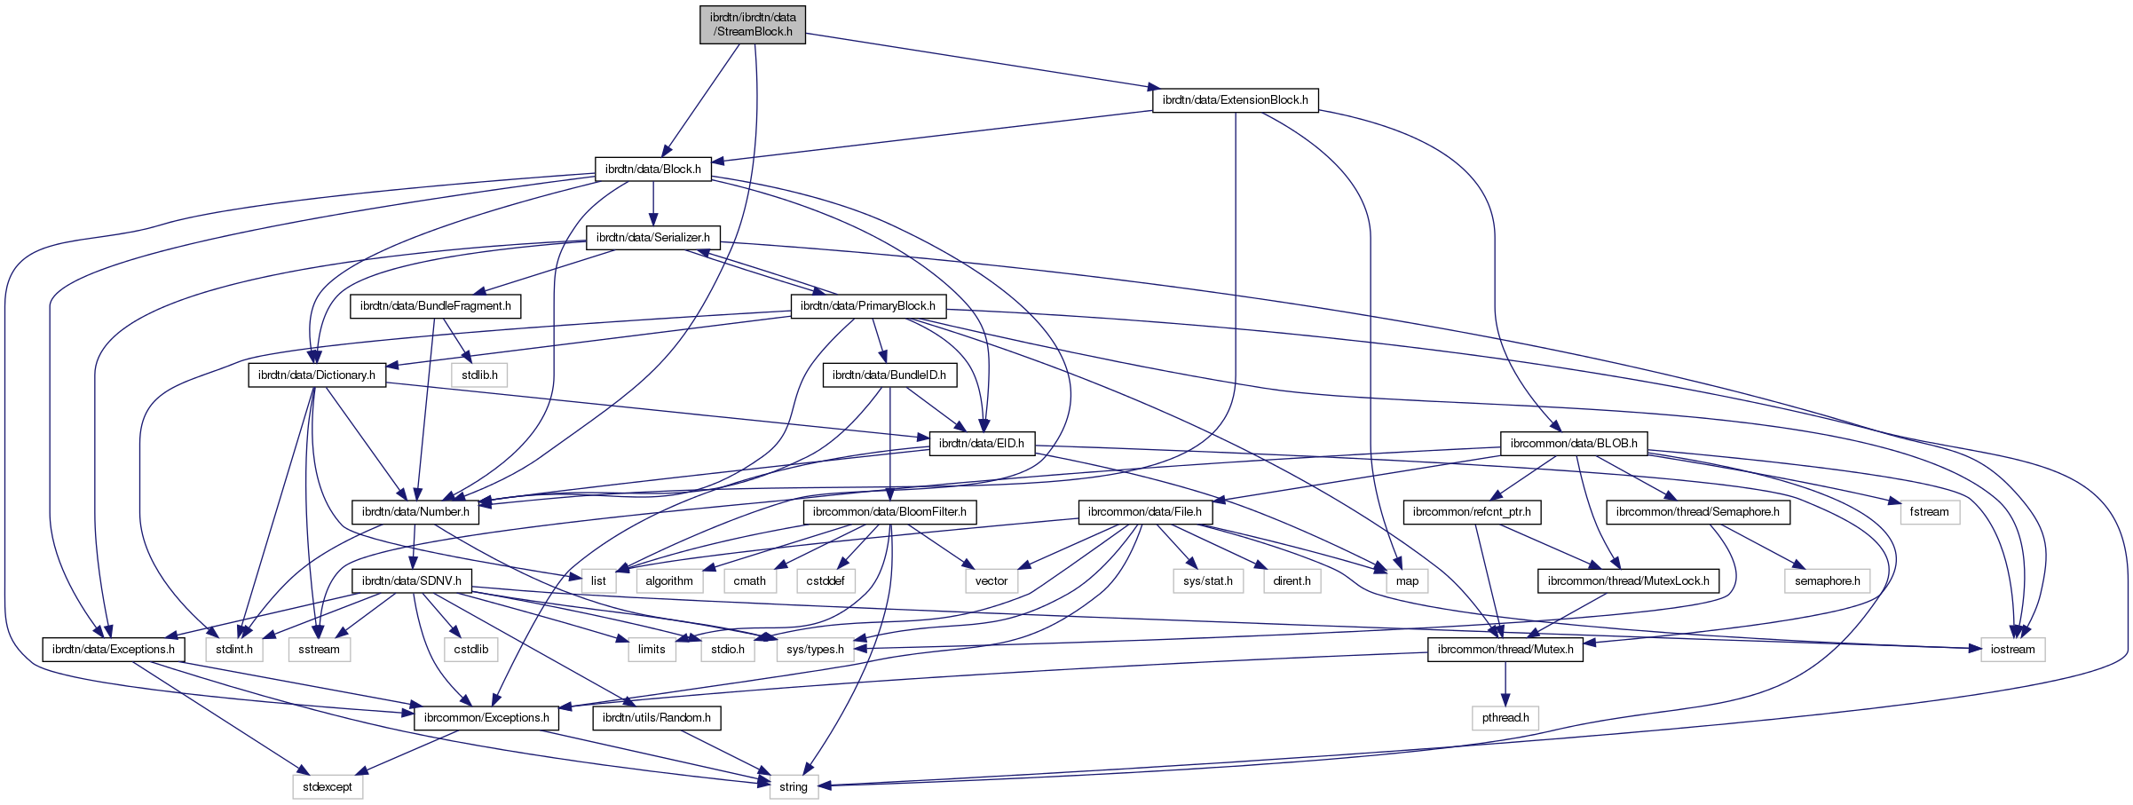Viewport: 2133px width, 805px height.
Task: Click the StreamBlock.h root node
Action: click(753, 24)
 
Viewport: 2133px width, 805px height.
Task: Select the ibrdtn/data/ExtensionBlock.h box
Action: click(1235, 100)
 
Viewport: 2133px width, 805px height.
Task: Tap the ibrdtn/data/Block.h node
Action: click(652, 169)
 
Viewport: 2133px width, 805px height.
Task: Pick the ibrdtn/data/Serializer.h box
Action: click(652, 238)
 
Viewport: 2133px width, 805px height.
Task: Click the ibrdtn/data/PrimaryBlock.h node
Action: click(867, 306)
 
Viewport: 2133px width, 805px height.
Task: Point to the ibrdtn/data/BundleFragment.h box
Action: click(435, 306)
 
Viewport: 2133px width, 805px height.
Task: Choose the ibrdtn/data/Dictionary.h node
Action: click(316, 375)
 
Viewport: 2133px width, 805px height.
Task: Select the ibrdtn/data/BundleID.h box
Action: click(889, 375)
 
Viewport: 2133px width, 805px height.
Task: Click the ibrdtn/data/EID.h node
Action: click(981, 444)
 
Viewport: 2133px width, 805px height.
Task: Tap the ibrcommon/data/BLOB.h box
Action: click(1574, 444)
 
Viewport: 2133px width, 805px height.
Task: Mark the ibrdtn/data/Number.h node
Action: click(415, 512)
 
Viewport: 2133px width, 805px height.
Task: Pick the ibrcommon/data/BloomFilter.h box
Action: click(889, 512)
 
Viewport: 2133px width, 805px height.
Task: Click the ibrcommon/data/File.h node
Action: click(1144, 512)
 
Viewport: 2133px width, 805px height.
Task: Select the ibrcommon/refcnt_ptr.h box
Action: click(1471, 512)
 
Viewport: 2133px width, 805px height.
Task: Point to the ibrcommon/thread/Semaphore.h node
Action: click(1697, 512)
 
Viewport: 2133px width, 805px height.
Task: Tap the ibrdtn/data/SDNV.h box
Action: click(411, 581)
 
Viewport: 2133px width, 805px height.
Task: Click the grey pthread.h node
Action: click(1505, 717)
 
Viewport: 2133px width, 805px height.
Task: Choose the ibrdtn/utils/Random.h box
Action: click(656, 717)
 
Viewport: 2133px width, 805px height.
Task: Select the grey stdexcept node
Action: click(327, 786)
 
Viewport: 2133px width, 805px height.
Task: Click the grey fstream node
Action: click(1929, 512)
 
